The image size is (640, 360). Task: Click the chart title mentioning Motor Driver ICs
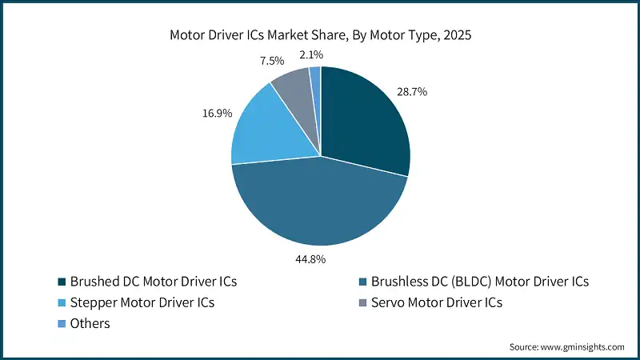pos(320,35)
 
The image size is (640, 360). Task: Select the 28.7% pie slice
pos(364,120)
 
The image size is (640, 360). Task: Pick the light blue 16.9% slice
pos(268,128)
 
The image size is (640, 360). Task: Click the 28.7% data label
pos(412,92)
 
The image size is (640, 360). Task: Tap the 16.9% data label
pos(217,114)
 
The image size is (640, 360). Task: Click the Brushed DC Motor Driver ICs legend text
pos(154,282)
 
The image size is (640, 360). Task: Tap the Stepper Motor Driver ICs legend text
pos(143,303)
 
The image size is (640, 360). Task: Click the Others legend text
pos(90,324)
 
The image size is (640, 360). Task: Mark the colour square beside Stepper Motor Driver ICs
pos(62,303)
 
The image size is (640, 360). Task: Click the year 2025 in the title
pos(455,35)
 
